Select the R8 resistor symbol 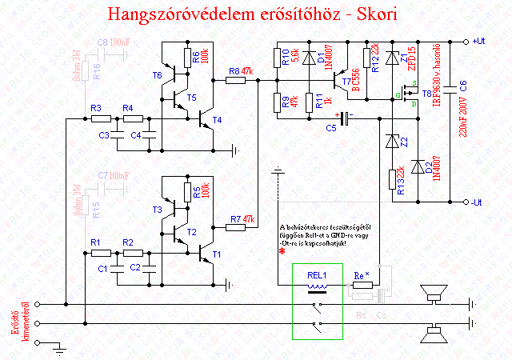[x=236, y=80]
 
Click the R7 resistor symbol [x=236, y=227]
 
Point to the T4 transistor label [x=217, y=121]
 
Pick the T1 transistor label [x=217, y=254]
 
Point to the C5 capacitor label [x=331, y=127]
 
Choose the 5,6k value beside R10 [x=296, y=57]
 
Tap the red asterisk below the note [x=282, y=251]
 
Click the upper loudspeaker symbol [x=437, y=298]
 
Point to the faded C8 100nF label [x=112, y=41]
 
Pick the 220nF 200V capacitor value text [x=463, y=120]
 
